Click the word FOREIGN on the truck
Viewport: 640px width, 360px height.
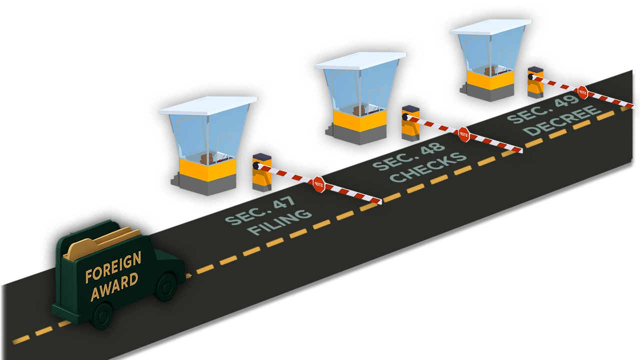[113, 267]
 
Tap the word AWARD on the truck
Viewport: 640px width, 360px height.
[114, 286]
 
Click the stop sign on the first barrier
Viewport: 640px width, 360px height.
[318, 184]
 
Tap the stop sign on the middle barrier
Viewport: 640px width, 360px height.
[463, 134]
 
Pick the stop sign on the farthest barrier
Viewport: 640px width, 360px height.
[582, 92]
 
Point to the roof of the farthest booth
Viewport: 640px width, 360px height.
[489, 26]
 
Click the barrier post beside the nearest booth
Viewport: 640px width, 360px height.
[261, 172]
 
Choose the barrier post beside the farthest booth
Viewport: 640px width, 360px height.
[535, 82]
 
